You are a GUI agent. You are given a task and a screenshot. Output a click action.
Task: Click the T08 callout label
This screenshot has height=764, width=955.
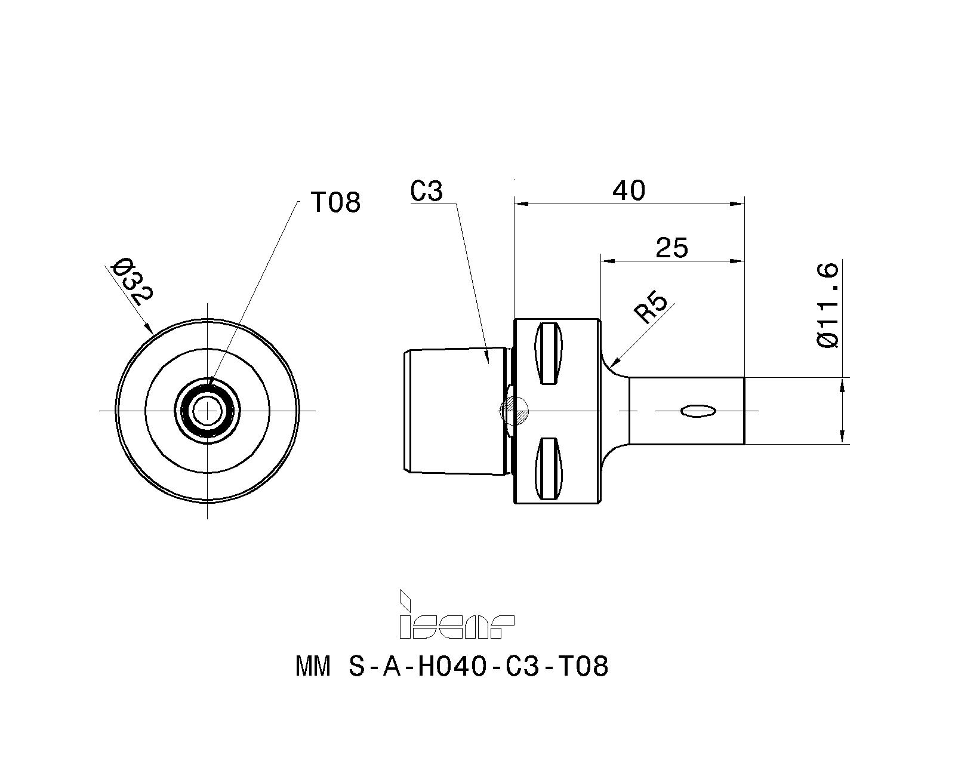click(335, 203)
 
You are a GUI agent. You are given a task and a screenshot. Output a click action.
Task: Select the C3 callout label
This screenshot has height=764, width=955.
click(427, 191)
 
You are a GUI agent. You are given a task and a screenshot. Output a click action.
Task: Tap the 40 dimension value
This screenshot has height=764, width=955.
click(629, 190)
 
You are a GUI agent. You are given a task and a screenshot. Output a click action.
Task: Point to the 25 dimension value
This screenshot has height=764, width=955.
click(671, 247)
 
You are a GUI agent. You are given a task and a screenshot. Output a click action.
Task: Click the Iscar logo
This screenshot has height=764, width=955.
click(457, 615)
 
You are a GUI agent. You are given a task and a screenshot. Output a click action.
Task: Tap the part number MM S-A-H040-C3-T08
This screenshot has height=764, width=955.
click(452, 666)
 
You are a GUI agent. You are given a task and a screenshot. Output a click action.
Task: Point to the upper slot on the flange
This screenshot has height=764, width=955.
click(550, 353)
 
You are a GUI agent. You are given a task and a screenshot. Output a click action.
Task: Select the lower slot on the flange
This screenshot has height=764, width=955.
click(550, 468)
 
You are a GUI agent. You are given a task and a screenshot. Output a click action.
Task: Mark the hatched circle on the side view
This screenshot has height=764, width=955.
click(515, 410)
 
